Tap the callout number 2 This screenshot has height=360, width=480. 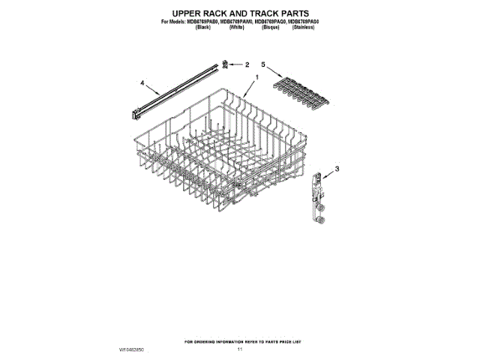(247, 65)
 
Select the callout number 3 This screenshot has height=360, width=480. (337, 171)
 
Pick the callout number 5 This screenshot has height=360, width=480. (263, 64)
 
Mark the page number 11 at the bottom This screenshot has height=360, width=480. (241, 349)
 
